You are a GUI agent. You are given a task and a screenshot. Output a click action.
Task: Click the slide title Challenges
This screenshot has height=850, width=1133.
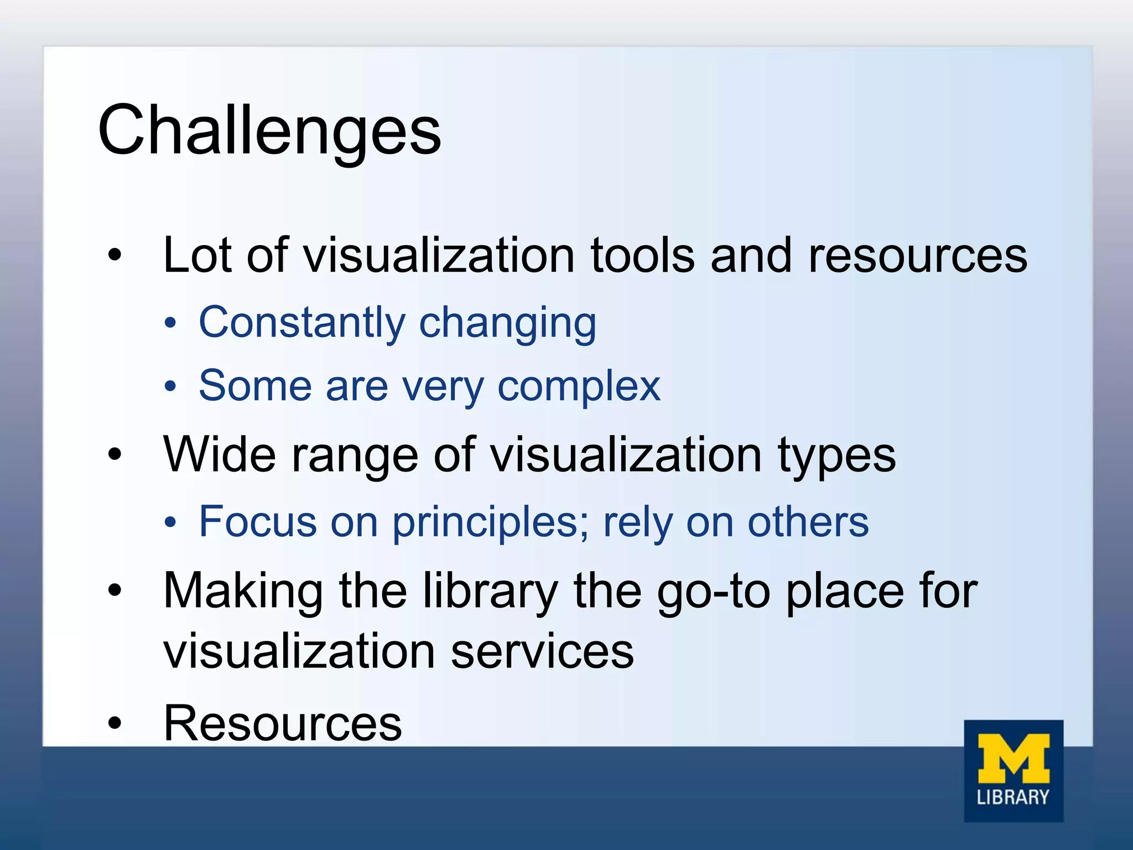(269, 131)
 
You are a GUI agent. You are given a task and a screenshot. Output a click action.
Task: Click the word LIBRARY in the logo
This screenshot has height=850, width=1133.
(1013, 797)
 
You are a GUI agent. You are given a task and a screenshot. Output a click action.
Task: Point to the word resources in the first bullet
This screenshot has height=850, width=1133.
(917, 256)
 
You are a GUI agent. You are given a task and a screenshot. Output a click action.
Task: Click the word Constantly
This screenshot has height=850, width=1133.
(302, 323)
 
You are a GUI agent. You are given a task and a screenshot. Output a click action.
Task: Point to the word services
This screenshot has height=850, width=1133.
(542, 652)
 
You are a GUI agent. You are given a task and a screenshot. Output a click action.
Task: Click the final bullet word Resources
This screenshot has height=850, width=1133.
(283, 723)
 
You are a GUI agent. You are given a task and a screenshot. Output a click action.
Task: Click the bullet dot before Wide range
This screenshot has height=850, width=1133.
(115, 455)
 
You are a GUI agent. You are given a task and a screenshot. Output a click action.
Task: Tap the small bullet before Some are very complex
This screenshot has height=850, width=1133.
(170, 386)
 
